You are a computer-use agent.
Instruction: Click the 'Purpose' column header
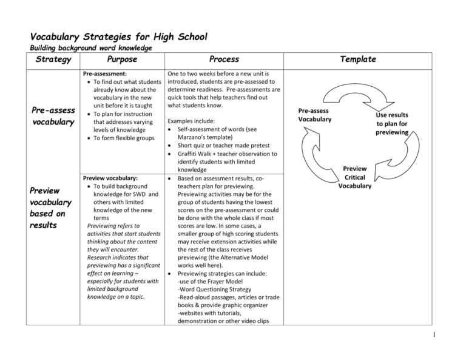(121, 59)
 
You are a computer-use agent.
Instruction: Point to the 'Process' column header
(224, 59)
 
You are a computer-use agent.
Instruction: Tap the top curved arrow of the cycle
(354, 88)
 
